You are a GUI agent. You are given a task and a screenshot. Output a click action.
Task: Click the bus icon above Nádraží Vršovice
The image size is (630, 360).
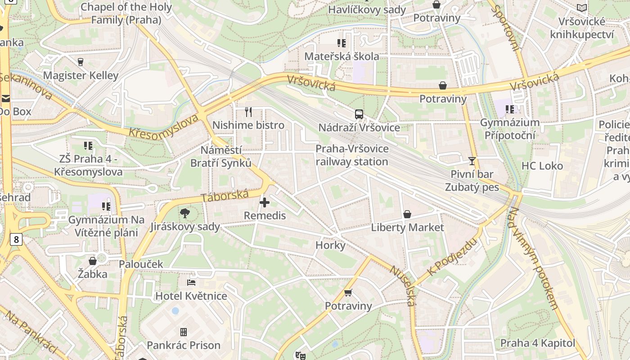pos(359,114)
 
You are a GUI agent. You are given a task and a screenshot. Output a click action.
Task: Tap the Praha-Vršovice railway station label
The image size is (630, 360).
pos(352,155)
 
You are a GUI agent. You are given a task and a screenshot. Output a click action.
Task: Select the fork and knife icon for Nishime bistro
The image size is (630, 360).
pos(248,112)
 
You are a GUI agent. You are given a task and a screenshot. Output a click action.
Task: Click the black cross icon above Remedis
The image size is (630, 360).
pos(265,202)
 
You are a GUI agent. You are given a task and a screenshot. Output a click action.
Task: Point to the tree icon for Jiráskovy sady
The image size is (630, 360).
pos(184,213)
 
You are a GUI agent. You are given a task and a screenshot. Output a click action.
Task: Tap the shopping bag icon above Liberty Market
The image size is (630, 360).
pos(407,214)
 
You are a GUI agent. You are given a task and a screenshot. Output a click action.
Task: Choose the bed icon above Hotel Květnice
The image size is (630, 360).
pos(191,283)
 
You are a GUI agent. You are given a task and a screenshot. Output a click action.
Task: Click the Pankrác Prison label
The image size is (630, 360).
pos(184,345)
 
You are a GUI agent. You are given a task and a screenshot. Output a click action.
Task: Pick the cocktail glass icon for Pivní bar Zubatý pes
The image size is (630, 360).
pos(472,161)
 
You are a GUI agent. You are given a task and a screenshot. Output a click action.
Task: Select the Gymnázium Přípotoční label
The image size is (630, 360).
pos(509,129)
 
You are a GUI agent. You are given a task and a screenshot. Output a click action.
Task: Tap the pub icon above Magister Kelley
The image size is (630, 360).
pos(81,62)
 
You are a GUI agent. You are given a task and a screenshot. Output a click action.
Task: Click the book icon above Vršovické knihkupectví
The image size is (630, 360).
pos(582,8)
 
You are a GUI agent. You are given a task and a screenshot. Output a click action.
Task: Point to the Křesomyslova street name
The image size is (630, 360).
pos(163,126)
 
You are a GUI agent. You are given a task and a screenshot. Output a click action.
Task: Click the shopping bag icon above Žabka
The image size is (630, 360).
pos(93,261)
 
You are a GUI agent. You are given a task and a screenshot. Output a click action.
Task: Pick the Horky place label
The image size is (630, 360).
pos(330,245)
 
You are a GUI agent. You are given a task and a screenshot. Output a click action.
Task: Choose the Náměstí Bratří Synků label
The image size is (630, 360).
pos(220,156)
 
